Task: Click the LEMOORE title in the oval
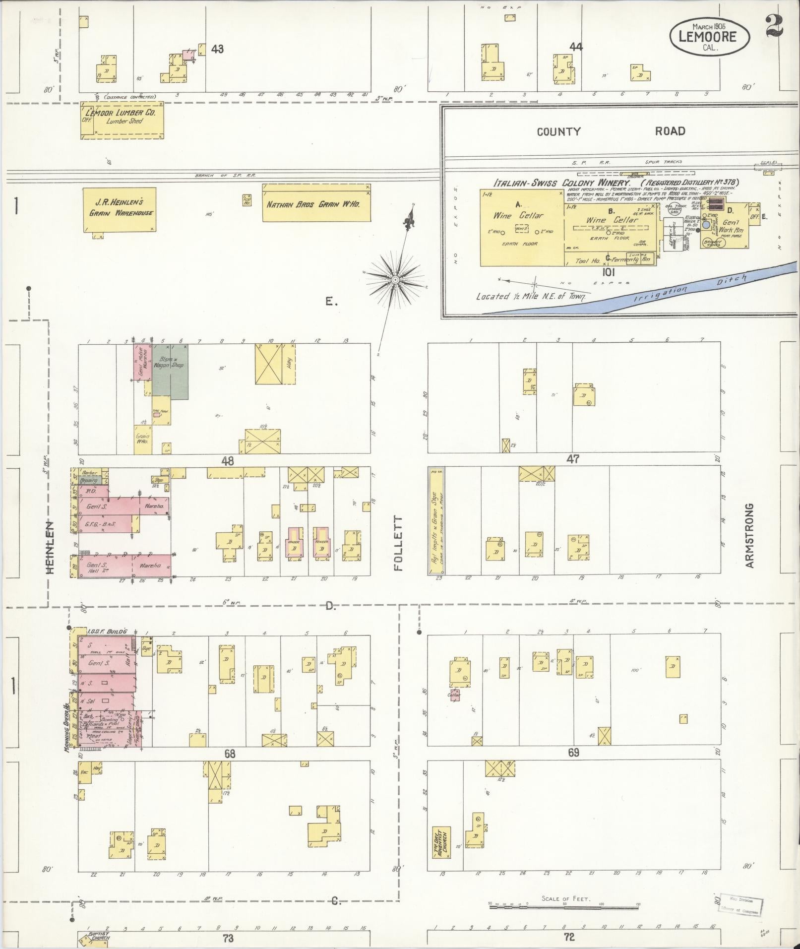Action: (709, 36)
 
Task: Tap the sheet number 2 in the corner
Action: (774, 26)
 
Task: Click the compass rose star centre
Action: (395, 280)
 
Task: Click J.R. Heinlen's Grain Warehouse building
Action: (120, 209)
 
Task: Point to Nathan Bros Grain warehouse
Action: (316, 203)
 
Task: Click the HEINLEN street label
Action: (50, 547)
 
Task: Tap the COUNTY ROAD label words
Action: (613, 131)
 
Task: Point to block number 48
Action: (228, 461)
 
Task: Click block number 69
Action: (573, 753)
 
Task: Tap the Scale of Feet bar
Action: (564, 908)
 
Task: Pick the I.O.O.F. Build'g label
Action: (107, 631)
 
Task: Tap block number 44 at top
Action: (576, 48)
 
